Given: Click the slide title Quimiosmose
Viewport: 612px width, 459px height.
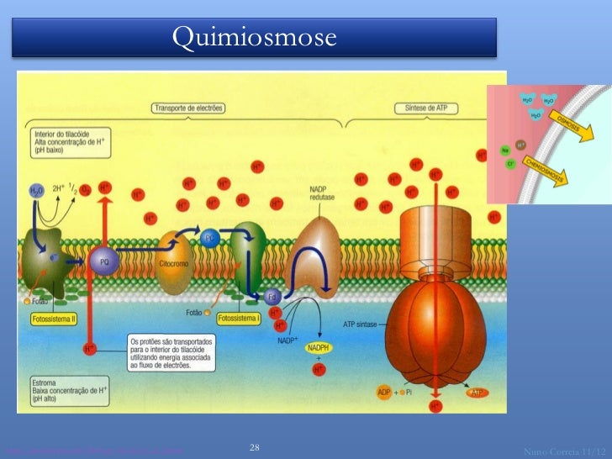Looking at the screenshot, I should point(254,37).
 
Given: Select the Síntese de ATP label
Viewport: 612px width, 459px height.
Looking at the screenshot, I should point(423,108).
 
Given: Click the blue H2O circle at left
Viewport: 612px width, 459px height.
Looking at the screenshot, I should point(37,191).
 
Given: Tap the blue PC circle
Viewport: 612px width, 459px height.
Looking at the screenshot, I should point(209,239).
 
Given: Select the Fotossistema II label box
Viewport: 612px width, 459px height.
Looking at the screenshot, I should point(55,318).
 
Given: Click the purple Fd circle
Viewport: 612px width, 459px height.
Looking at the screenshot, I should point(272,297).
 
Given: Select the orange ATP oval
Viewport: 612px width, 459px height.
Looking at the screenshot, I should point(477,392).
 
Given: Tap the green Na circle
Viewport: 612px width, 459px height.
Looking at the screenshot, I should point(506,150).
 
